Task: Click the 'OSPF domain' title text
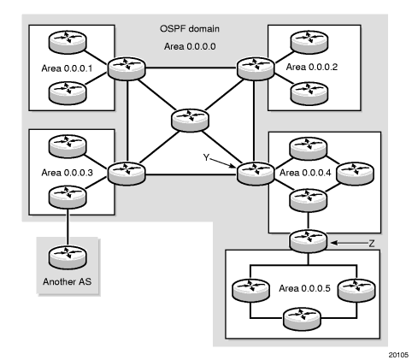click(190, 29)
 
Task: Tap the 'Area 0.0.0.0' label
click(190, 46)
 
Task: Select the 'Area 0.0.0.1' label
click(67, 68)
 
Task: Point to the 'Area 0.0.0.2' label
click(312, 67)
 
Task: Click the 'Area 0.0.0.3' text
click(68, 173)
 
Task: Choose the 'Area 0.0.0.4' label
click(305, 173)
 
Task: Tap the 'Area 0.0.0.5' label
click(304, 288)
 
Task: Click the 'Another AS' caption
click(68, 281)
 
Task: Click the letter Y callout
click(206, 157)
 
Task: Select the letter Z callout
click(372, 244)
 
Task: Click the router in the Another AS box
click(68, 257)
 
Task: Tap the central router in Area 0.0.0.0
click(190, 121)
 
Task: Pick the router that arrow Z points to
click(308, 241)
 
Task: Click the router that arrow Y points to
click(256, 174)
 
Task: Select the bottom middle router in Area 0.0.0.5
click(302, 319)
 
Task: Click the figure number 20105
click(398, 355)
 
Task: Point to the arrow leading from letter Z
click(350, 243)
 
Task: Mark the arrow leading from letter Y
click(223, 162)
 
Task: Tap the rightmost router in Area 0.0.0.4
click(355, 174)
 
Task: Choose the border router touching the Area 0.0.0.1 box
click(127, 69)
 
